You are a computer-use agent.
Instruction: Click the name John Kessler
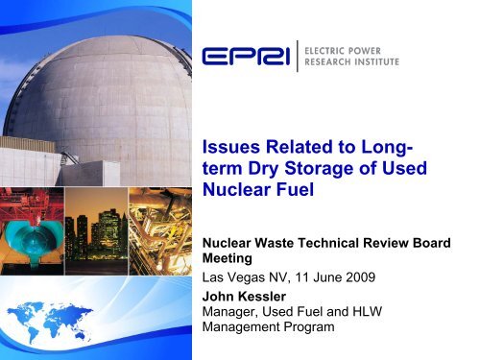[x=256, y=300]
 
